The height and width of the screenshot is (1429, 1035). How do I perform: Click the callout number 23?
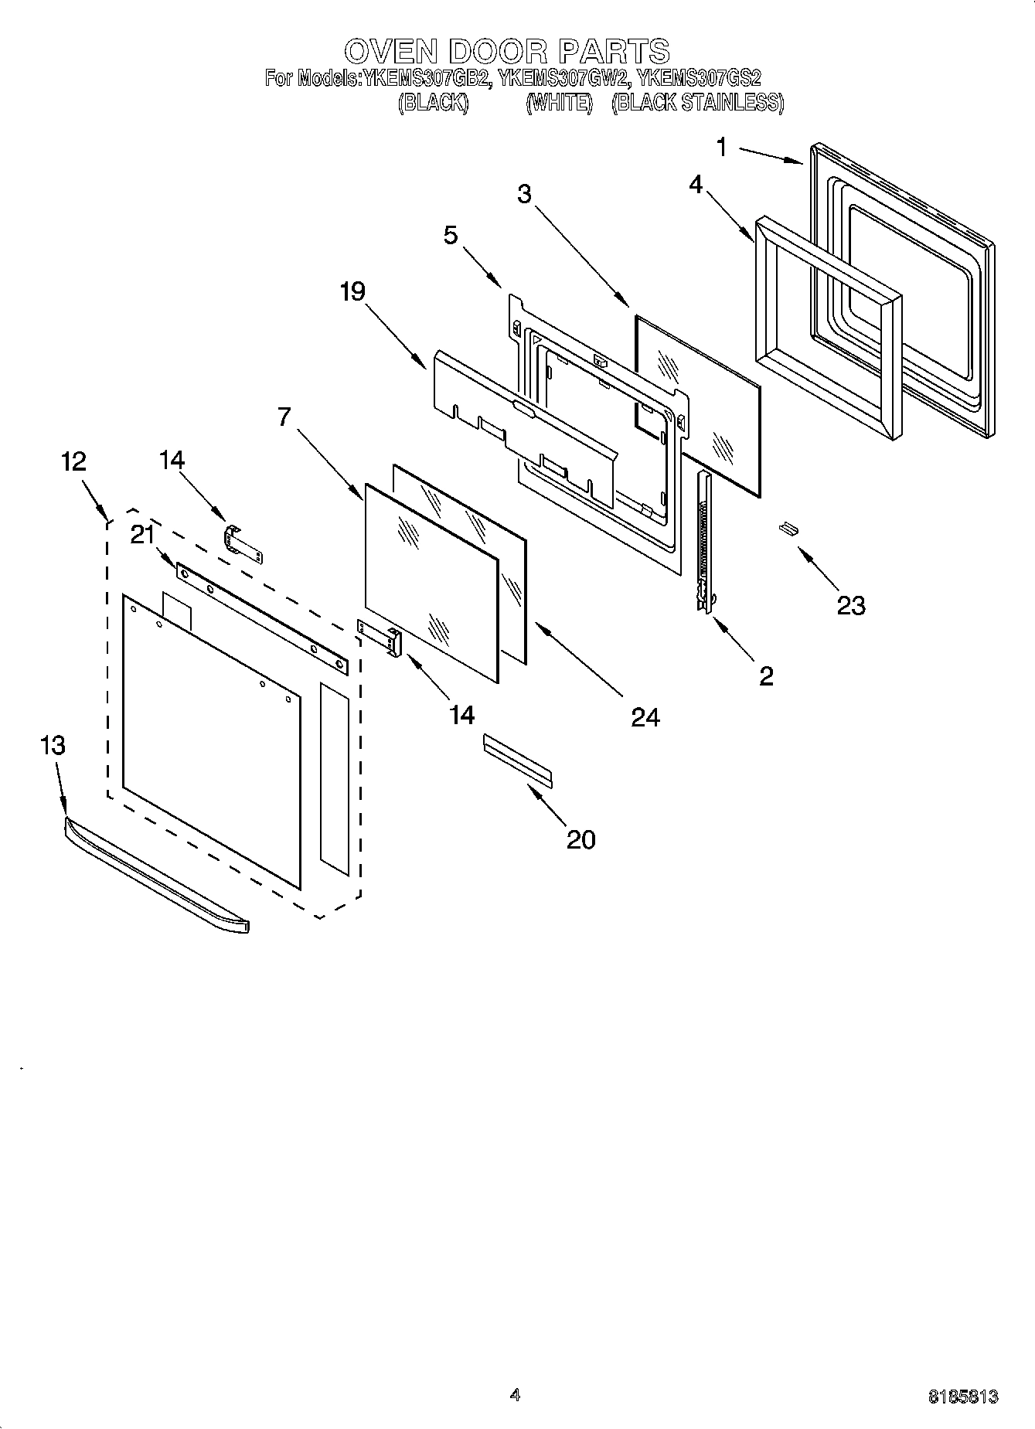850,605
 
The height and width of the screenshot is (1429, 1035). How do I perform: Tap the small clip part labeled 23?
787,528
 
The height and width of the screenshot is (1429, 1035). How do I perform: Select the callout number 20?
581,839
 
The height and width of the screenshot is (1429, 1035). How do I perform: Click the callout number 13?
52,746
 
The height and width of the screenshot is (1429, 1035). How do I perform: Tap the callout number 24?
645,718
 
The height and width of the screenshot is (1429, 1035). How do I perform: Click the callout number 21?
142,535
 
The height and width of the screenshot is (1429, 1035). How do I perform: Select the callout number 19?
352,292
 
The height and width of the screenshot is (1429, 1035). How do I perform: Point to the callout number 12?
73,461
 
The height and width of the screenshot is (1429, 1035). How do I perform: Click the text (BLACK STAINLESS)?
697,103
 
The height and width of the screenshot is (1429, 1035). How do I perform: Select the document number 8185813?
962,1397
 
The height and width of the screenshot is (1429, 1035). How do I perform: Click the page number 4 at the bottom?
516,1395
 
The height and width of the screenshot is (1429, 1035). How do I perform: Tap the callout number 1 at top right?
721,147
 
